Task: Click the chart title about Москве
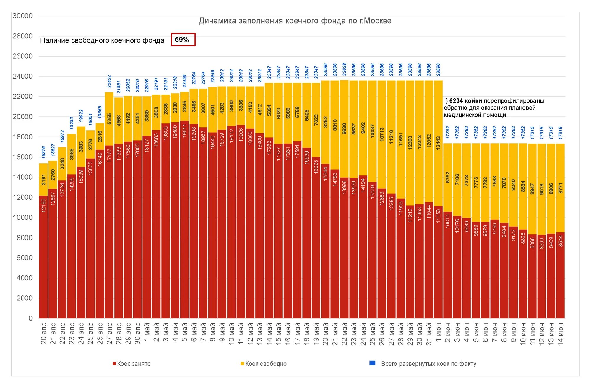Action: tap(295, 21)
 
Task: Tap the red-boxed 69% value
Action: tap(182, 40)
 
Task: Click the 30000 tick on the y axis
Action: tap(22, 16)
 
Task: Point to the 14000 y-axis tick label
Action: tap(22, 177)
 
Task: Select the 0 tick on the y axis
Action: tap(30, 318)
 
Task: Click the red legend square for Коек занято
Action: tap(114, 364)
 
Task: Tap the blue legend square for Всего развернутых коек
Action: tap(372, 363)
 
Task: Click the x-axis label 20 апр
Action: tap(44, 334)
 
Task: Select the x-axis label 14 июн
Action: tap(561, 334)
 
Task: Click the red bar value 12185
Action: tap(44, 205)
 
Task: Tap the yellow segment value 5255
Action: tap(109, 119)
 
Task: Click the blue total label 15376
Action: tap(44, 152)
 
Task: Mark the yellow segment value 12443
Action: tap(439, 143)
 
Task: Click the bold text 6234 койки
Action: tap(465, 101)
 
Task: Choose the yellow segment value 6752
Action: tap(448, 177)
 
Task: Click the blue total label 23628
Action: tap(345, 69)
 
